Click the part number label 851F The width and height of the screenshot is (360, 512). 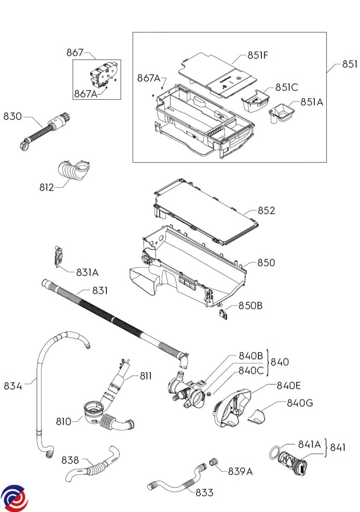(x=258, y=55)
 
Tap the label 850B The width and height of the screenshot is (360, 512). (x=250, y=305)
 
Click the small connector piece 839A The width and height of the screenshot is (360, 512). (x=214, y=461)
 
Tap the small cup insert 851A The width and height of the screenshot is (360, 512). (x=281, y=113)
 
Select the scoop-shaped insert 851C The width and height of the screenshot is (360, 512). (x=255, y=101)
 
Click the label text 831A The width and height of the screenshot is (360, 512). (x=87, y=273)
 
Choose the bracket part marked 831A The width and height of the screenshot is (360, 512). (x=59, y=256)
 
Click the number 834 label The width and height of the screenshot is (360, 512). (x=13, y=386)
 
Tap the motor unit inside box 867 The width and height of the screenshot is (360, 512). (x=105, y=74)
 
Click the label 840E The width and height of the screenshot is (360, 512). (x=289, y=385)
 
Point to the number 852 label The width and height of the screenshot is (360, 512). (x=266, y=210)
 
